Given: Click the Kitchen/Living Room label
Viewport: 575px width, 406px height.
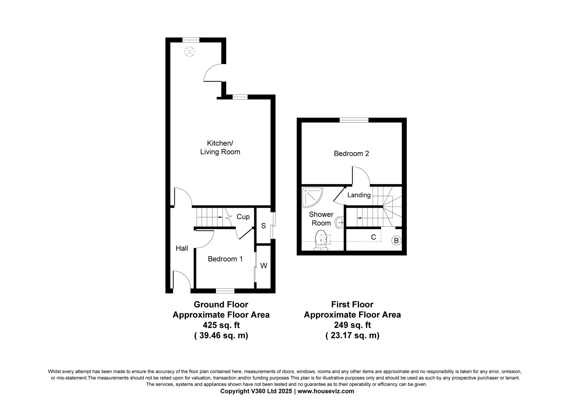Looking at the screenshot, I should click(220, 147).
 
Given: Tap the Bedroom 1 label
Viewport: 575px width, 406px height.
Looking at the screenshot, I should click(225, 259).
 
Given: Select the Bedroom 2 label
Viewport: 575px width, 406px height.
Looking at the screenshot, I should click(351, 154).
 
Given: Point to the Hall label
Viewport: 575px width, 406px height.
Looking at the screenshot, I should click(182, 248).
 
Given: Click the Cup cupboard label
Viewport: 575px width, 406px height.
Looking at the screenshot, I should click(243, 217).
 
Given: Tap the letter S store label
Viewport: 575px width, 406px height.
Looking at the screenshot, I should click(263, 226).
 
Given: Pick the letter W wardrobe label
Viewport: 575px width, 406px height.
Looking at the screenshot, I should click(264, 266).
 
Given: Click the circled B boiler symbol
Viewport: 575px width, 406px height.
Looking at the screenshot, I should click(396, 240).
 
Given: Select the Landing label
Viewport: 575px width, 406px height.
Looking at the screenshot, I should click(359, 195).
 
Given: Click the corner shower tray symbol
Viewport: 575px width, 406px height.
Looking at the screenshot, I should click(311, 197).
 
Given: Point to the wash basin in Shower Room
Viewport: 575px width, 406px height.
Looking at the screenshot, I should click(340, 222).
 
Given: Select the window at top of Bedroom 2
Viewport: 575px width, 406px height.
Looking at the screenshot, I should click(354, 120).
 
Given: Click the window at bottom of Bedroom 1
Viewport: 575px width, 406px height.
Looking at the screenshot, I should click(225, 291).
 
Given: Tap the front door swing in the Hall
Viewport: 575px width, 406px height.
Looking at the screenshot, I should click(182, 280).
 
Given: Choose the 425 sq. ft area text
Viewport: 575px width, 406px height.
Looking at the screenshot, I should click(221, 325).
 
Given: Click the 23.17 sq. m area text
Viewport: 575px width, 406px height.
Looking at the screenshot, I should click(352, 335).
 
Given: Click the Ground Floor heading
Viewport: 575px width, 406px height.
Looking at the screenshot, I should click(221, 304).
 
